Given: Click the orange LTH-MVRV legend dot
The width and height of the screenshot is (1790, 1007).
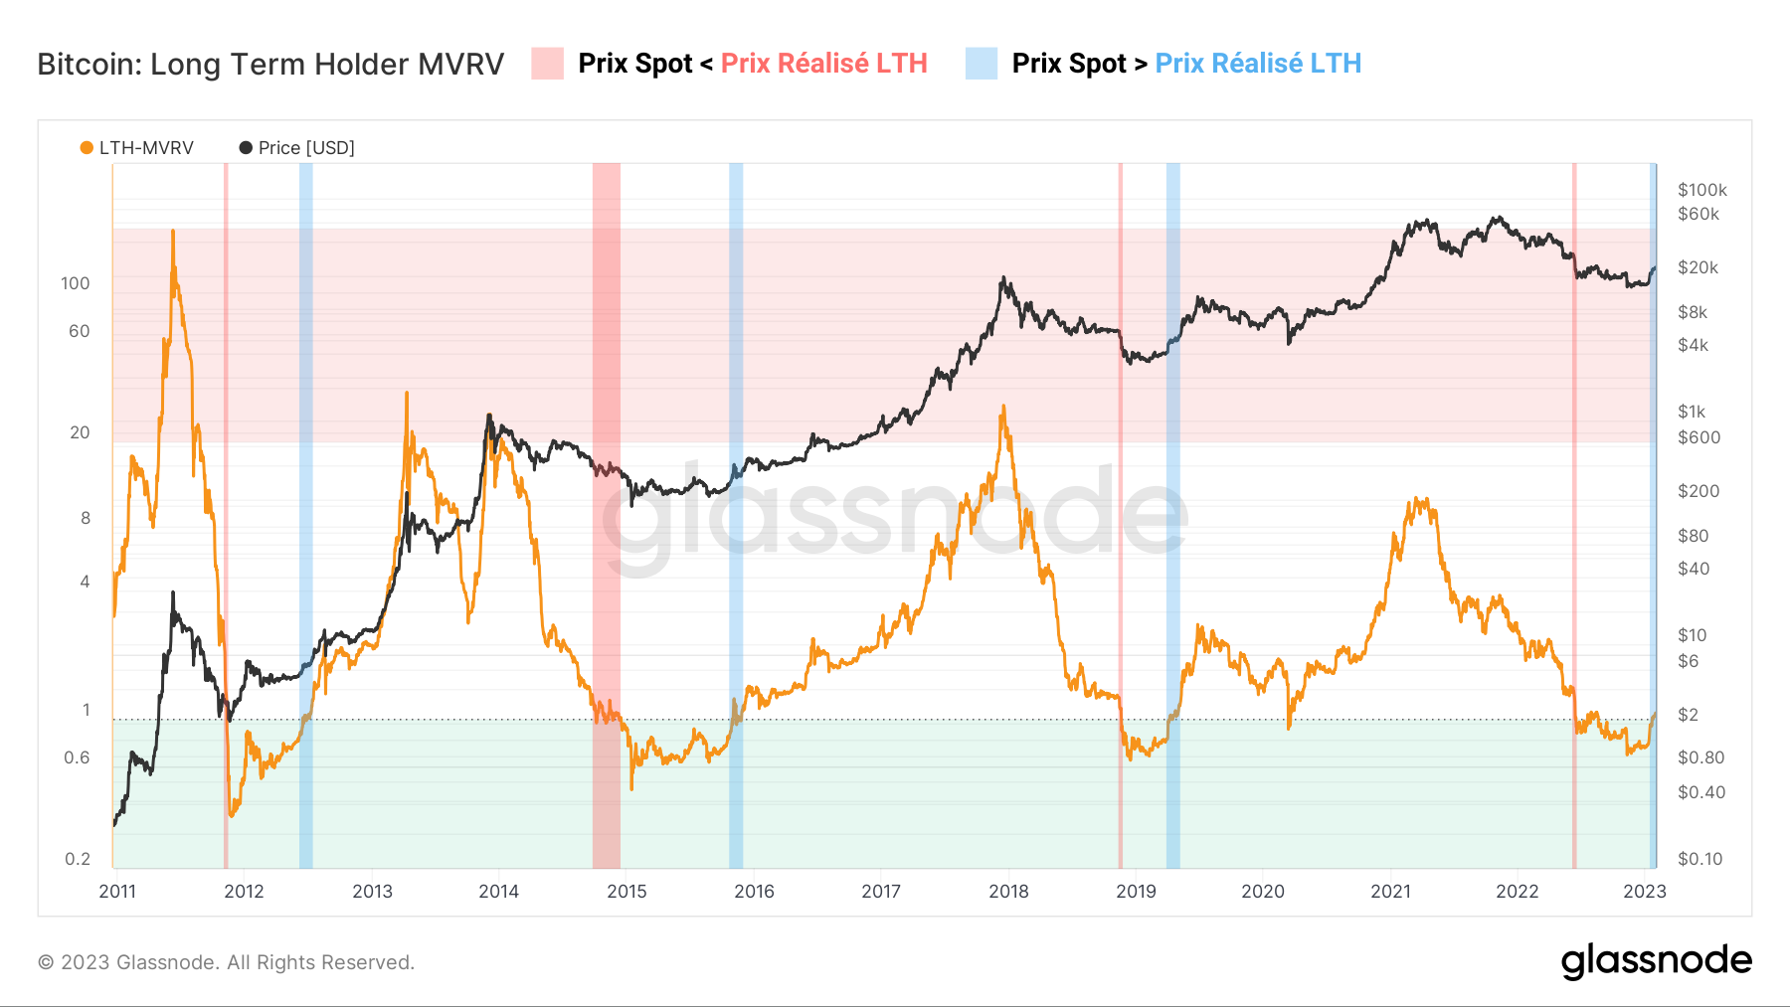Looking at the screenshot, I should tap(87, 148).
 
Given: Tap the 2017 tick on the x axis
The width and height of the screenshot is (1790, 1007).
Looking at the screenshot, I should tap(881, 891).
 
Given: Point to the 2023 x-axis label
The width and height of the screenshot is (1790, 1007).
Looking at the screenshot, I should tap(1644, 891).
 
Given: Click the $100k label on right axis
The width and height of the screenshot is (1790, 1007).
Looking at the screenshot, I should tap(1701, 190).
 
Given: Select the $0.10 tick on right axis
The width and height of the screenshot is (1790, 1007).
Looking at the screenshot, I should tap(1700, 859).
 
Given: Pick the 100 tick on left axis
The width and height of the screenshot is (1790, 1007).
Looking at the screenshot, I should tap(75, 283).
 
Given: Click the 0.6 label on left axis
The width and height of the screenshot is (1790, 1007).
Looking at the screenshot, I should tap(77, 757).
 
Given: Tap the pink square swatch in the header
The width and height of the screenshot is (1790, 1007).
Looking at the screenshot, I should tap(547, 64).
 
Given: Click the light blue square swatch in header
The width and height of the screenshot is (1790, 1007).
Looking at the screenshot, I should tap(981, 64).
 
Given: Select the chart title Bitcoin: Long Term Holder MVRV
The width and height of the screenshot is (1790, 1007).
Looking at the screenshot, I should tap(270, 64).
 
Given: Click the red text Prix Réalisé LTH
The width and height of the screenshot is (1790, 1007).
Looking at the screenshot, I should tap(823, 64).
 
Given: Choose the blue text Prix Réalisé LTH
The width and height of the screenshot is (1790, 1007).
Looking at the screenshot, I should tap(1258, 64).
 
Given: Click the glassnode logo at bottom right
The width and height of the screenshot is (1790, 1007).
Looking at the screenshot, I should tap(1656, 961).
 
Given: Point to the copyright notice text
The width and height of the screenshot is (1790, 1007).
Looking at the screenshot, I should tap(226, 962).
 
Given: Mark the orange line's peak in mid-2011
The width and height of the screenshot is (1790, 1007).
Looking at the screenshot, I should tap(173, 232).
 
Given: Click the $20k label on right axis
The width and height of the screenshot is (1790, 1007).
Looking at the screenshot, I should tap(1698, 267).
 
